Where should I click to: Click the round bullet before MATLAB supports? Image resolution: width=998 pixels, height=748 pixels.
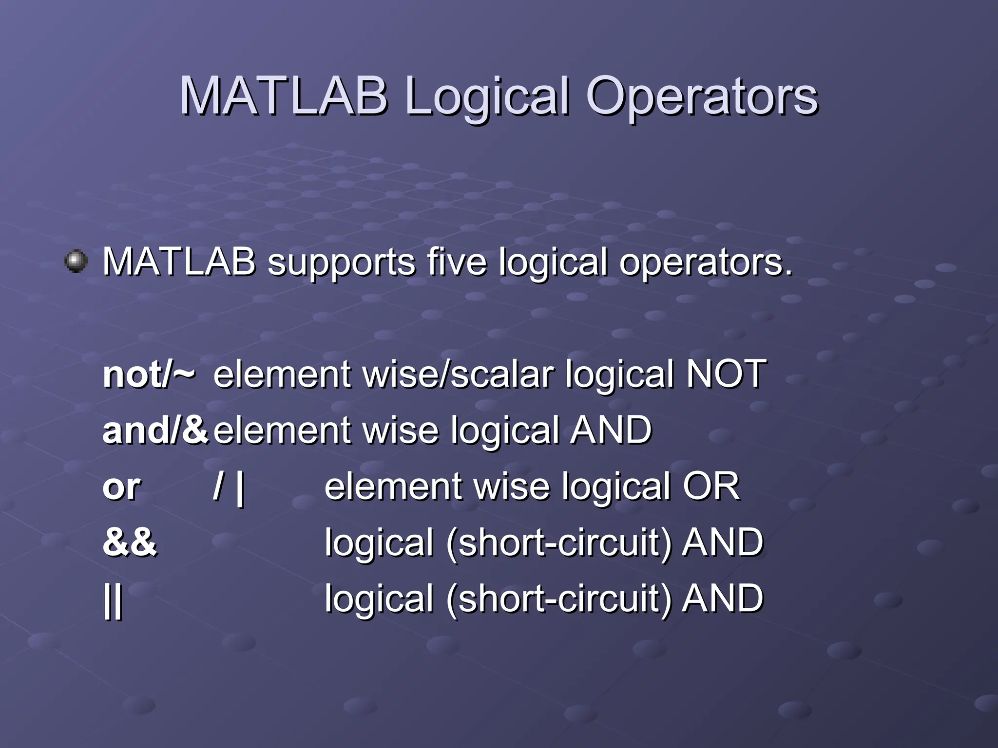[x=76, y=262]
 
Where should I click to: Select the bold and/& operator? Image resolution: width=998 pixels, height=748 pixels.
[x=155, y=430]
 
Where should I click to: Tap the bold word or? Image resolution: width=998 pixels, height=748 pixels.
[x=121, y=487]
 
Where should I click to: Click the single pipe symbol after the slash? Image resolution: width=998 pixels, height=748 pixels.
[x=240, y=488]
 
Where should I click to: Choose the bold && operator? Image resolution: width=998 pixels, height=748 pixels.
[x=130, y=542]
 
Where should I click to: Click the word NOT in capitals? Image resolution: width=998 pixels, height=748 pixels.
[x=726, y=374]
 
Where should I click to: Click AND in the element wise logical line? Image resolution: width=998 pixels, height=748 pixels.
[x=611, y=430]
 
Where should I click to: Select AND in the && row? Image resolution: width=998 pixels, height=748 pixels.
[x=722, y=542]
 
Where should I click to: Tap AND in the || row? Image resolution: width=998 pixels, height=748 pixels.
[x=722, y=598]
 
